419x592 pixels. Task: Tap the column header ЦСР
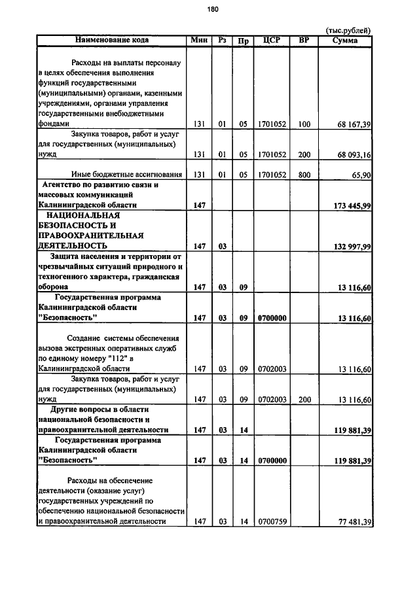coord(271,40)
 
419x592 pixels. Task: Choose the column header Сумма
coord(345,40)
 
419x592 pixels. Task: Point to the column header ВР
coord(304,40)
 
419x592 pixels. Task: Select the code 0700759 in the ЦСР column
coord(271,521)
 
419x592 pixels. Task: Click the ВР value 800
coord(304,175)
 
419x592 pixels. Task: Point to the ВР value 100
coord(304,124)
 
